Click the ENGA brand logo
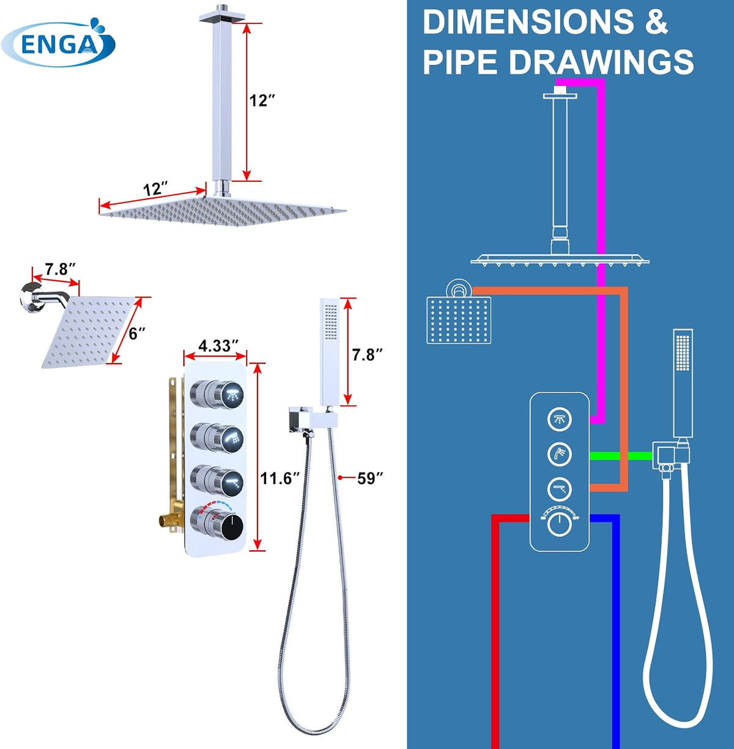tap(58, 43)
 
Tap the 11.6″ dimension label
tap(280, 478)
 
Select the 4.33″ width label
tap(218, 346)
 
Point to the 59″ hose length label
tap(370, 478)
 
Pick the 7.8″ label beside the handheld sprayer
tap(367, 354)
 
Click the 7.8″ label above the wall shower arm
tap(60, 269)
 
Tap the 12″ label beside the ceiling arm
tap(262, 100)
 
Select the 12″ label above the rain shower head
tap(155, 189)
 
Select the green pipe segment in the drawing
tap(621, 455)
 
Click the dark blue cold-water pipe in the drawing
tap(615, 629)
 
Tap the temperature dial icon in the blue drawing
tap(560, 523)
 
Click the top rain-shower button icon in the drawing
tap(560, 419)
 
